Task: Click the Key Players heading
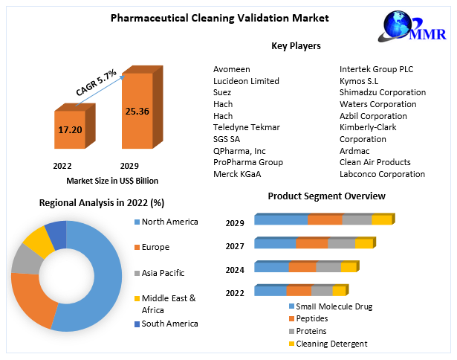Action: pos(296,46)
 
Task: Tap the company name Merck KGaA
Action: pos(237,174)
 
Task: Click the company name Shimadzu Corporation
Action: pos(382,92)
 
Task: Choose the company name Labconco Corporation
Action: pos(382,174)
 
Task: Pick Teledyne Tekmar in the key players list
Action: pos(246,127)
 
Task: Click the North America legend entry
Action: pos(169,222)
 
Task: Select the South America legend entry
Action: pos(169,324)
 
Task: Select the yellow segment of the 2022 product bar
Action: pos(339,291)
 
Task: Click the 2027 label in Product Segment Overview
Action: pos(235,245)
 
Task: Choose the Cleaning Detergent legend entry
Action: pos(331,344)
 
